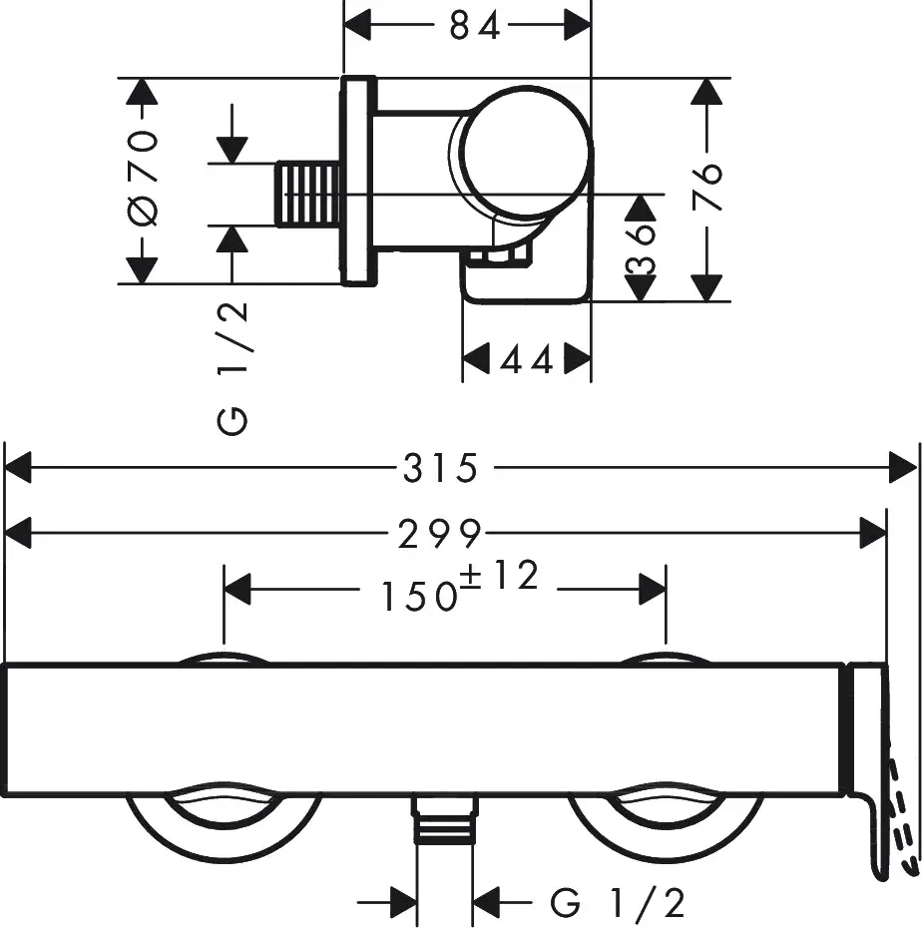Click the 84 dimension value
(475, 26)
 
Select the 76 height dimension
(706, 186)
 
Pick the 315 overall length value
(441, 468)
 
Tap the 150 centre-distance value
(417, 596)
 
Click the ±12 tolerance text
(499, 576)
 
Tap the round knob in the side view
(525, 150)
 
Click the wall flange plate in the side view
(359, 180)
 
